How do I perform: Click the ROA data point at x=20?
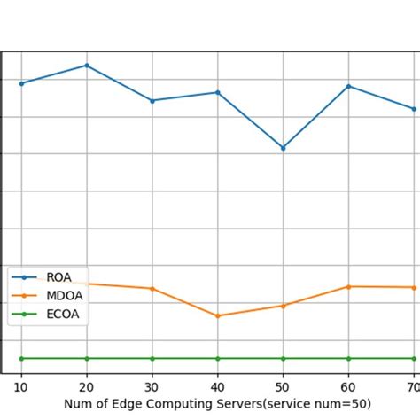(x=86, y=66)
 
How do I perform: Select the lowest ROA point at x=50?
(x=283, y=148)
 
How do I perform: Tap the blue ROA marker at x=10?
(x=21, y=83)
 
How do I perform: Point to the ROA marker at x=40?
(x=217, y=92)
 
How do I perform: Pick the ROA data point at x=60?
(x=348, y=86)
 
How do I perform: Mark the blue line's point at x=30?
(x=152, y=101)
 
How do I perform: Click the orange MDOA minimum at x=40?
(x=217, y=315)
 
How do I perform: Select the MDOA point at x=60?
(x=348, y=286)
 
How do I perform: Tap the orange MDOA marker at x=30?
(x=152, y=289)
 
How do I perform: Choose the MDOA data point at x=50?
(x=283, y=306)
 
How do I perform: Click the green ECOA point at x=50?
(x=283, y=358)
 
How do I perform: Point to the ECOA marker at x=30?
(x=152, y=358)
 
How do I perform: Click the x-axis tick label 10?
(x=21, y=388)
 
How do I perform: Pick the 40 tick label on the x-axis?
(x=217, y=388)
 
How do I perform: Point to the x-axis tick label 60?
(x=348, y=388)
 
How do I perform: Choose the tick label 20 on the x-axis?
(x=86, y=388)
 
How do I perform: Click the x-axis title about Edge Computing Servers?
(x=217, y=405)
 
